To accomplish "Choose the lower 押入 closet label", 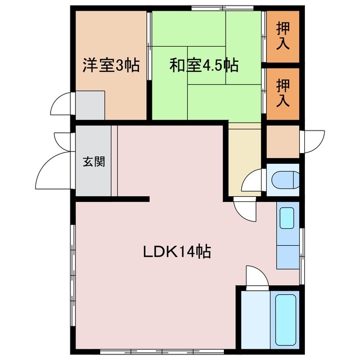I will click(282, 93).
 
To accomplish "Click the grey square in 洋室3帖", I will click(90, 105).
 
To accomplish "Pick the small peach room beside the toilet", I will click(282, 142).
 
